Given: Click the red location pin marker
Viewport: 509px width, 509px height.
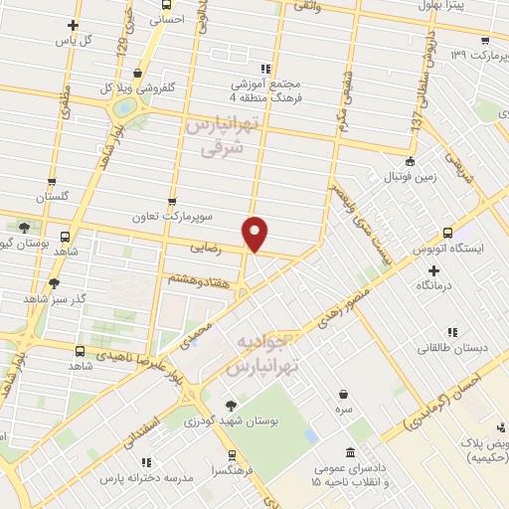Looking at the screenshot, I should tap(256, 233).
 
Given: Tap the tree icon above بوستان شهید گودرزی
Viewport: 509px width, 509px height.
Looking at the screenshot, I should tap(231, 405).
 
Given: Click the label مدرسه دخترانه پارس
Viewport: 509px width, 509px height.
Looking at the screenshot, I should tap(147, 477).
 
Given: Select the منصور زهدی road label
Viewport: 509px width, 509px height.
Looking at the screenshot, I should tap(343, 309).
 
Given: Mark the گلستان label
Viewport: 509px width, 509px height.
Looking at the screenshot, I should tap(56, 198).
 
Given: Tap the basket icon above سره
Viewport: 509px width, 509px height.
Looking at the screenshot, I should tap(343, 394).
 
